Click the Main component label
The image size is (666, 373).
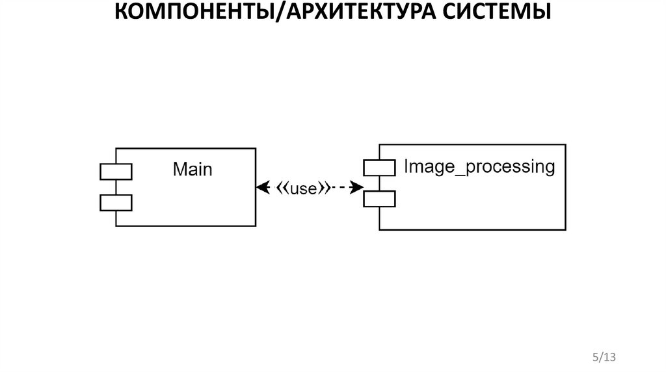pyautogui.click(x=193, y=170)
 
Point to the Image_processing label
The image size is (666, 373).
pyautogui.click(x=479, y=167)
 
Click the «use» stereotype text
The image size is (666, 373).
pyautogui.click(x=302, y=188)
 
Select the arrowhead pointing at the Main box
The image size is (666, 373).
pyautogui.click(x=262, y=188)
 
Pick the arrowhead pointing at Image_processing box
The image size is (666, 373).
pyautogui.click(x=356, y=188)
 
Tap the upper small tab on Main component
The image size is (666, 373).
pyautogui.click(x=116, y=171)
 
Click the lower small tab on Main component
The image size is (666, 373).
pyautogui.click(x=116, y=203)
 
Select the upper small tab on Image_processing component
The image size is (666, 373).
pyautogui.click(x=379, y=168)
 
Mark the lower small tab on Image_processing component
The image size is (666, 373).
pyautogui.click(x=379, y=198)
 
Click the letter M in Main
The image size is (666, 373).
pyautogui.click(x=180, y=170)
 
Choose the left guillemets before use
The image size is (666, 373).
pyautogui.click(x=283, y=188)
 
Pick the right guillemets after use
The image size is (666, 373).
pyautogui.click(x=322, y=188)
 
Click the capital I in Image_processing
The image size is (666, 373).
pyautogui.click(x=406, y=166)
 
